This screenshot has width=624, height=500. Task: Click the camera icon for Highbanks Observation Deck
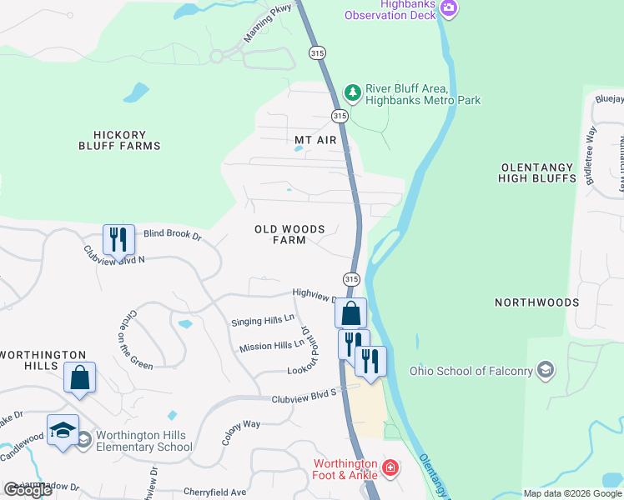click(450, 8)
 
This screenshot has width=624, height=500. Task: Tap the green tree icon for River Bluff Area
click(353, 92)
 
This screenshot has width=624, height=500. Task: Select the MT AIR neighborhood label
click(315, 140)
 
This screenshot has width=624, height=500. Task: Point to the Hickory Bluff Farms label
click(126, 140)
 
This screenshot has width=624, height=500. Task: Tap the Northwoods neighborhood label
click(536, 302)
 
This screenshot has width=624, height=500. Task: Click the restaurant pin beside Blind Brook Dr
click(118, 240)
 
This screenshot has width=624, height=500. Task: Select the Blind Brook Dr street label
click(173, 236)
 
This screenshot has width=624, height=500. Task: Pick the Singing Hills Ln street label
click(263, 320)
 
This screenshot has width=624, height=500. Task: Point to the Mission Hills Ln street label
click(272, 346)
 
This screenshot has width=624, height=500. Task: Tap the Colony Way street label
click(240, 424)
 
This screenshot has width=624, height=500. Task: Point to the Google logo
click(28, 490)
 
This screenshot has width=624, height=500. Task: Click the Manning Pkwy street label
click(264, 22)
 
